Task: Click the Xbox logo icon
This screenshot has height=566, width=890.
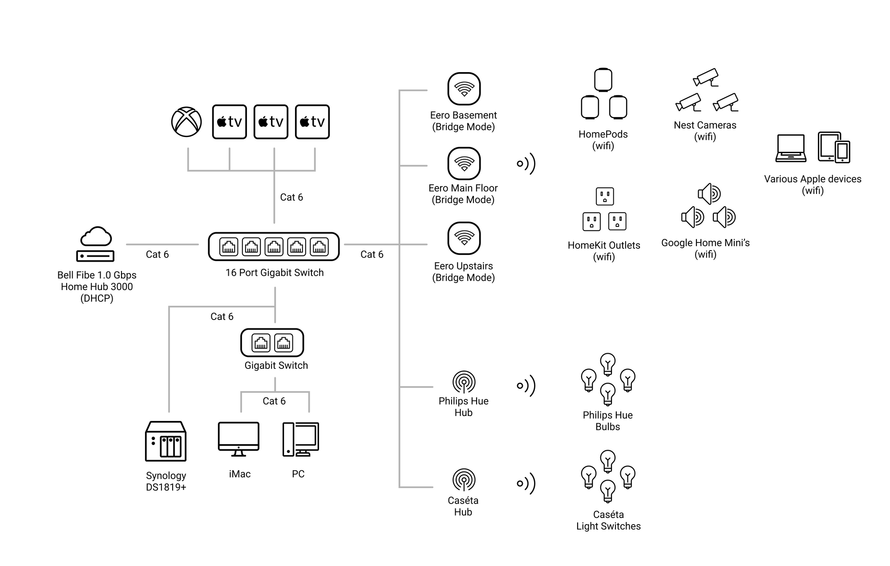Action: coord(186,122)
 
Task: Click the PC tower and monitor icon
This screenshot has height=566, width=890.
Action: coord(301,439)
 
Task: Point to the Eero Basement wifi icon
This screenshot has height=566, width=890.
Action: coord(464,89)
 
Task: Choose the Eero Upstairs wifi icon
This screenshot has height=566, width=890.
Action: coord(464,239)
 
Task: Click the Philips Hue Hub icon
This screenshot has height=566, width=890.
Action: coord(464,382)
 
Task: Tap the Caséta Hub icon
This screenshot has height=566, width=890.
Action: coord(464,480)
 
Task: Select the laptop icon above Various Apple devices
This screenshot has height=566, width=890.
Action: coord(791,148)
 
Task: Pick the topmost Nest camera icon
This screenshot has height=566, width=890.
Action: coord(706,77)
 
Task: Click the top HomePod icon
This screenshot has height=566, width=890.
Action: coord(603,80)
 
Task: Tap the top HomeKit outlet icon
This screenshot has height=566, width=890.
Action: coord(605,196)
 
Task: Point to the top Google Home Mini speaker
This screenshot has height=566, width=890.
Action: coord(709,194)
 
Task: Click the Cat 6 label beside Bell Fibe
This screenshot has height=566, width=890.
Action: coord(157,255)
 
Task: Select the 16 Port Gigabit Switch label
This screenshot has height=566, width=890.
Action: coord(275,273)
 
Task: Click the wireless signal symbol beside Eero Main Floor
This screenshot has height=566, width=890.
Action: coord(526,164)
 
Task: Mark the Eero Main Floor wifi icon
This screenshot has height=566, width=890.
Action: coord(464,163)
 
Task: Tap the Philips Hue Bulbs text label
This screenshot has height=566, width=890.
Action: coord(607,421)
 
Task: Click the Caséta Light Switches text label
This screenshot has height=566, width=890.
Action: coord(608,521)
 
